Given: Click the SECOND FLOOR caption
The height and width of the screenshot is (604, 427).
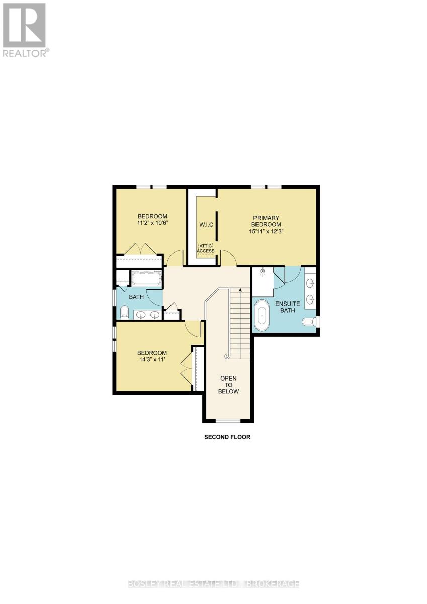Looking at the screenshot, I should [x=227, y=437].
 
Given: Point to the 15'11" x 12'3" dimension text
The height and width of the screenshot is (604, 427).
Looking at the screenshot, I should [x=267, y=232].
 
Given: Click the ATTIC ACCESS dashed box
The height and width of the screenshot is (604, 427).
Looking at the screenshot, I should [x=205, y=248].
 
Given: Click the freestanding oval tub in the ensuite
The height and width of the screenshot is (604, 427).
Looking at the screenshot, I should [x=262, y=316].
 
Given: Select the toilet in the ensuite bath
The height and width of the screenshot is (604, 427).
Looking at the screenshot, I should [x=309, y=322].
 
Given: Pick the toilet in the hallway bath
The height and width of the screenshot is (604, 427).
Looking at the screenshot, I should [x=124, y=312].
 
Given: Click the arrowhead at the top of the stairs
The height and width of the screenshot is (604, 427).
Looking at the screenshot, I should [x=240, y=289].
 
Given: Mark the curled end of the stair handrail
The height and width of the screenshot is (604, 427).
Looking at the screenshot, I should [x=227, y=356].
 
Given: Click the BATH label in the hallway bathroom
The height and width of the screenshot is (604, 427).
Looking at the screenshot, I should [x=136, y=297].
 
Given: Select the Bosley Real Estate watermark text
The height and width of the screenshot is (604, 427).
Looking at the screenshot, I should [x=213, y=584].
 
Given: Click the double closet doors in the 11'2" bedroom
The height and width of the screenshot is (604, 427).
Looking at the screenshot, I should [x=139, y=249].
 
